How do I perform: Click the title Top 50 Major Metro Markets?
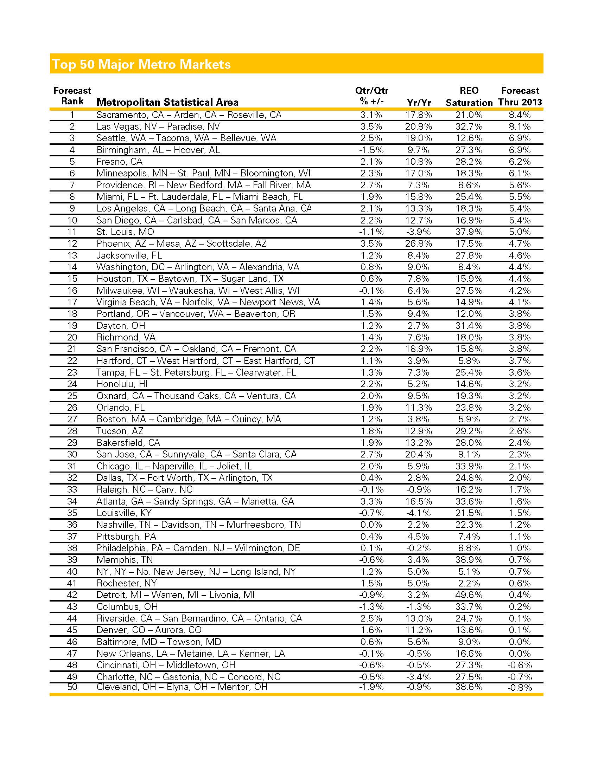(141, 64)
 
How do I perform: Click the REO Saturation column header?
(469, 97)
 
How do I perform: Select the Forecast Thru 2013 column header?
(520, 96)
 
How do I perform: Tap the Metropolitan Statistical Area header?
(167, 102)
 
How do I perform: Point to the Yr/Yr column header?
(419, 103)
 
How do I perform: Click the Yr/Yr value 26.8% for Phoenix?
(418, 243)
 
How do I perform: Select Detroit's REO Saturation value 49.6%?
(469, 595)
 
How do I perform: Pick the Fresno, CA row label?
(119, 162)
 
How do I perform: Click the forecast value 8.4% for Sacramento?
(519, 115)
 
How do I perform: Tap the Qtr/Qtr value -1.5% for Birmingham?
(371, 150)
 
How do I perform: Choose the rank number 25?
(72, 396)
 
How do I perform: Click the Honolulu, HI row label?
(122, 384)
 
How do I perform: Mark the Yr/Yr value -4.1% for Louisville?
(418, 513)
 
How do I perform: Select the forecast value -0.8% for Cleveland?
(519, 688)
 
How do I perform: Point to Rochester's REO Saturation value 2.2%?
(469, 583)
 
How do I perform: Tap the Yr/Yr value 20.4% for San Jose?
(418, 454)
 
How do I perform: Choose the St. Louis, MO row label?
(125, 232)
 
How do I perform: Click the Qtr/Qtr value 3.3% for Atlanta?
(371, 501)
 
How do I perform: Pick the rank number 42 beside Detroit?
(72, 595)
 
